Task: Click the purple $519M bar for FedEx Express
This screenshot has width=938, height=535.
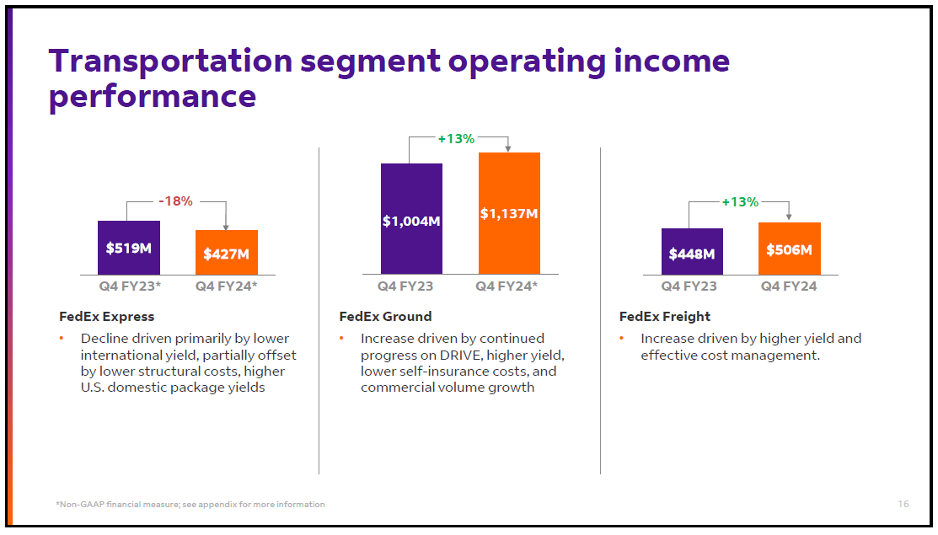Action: [128, 247]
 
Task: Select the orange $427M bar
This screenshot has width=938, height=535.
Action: [226, 252]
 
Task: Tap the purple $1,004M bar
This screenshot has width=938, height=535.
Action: [411, 219]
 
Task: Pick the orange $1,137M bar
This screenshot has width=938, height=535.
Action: [509, 213]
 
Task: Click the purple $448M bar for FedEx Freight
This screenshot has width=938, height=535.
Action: [692, 252]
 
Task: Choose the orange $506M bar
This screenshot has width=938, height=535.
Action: [789, 249]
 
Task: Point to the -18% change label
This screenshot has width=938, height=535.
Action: [176, 201]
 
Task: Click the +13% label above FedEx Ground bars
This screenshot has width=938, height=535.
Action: [456, 138]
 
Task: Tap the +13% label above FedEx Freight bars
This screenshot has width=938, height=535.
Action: [740, 202]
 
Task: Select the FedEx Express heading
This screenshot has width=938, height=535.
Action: [106, 317]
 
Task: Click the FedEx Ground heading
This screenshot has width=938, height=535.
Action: [385, 317]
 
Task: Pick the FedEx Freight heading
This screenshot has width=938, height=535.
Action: [665, 317]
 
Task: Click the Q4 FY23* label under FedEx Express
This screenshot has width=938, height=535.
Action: [129, 286]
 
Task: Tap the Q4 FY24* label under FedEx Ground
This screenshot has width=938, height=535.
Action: [507, 286]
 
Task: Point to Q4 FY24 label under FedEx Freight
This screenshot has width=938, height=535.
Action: [789, 286]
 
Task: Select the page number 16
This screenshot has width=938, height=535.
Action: [903, 504]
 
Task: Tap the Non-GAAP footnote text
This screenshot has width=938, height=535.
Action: [190, 504]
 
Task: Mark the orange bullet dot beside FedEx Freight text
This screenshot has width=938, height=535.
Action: [622, 339]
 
